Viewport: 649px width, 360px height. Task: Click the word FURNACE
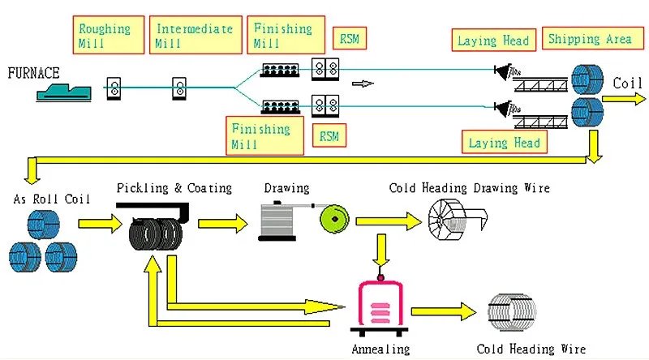(x=33, y=73)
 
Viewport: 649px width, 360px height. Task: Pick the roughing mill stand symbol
(x=114, y=88)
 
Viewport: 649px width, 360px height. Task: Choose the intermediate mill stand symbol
(x=178, y=88)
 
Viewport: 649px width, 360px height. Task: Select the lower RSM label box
(x=329, y=135)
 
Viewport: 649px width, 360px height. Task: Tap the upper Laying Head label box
(x=493, y=41)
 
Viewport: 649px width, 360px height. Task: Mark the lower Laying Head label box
(x=505, y=143)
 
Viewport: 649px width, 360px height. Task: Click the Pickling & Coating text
(x=174, y=188)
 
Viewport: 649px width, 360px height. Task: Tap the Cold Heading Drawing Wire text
(x=469, y=188)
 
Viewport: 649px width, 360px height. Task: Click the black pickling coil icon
(x=153, y=234)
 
